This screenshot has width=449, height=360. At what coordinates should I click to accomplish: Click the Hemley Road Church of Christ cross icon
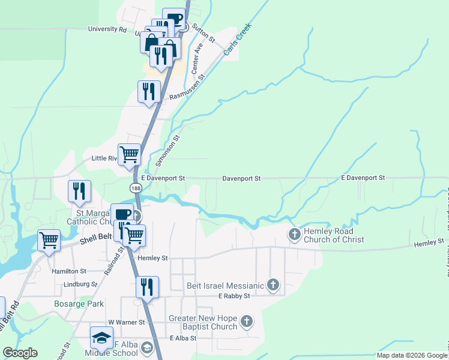[295, 233]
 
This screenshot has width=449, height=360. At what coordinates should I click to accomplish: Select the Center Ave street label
[197, 59]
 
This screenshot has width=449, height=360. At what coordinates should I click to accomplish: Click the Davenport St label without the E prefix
[241, 178]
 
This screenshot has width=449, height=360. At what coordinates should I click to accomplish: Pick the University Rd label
[107, 29]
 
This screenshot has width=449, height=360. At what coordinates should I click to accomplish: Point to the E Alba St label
[184, 338]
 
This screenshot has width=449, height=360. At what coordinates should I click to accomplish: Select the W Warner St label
[127, 322]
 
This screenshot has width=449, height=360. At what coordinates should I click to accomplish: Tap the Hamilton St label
[69, 271]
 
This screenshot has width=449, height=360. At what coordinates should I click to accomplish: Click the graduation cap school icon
[101, 337]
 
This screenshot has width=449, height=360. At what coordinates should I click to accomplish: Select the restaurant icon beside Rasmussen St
[148, 91]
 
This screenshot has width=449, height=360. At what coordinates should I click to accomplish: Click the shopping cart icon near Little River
[129, 155]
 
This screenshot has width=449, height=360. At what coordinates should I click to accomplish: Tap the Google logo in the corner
[20, 353]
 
